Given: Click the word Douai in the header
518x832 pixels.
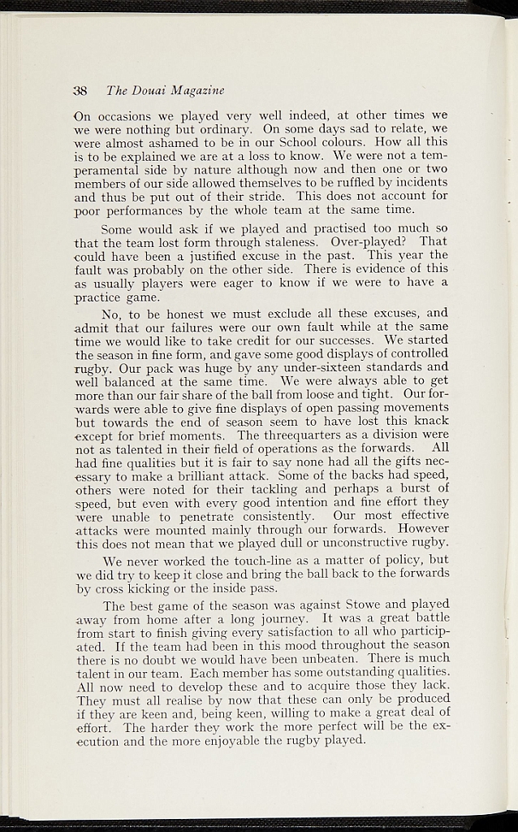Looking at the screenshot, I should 148,89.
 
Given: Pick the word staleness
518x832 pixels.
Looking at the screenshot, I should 291,242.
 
